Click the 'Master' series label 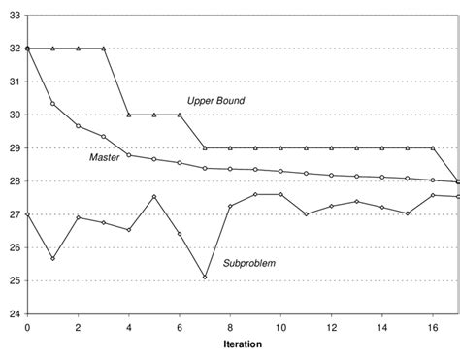(105, 157)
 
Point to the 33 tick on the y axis (13, 15)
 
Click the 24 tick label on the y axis (13, 314)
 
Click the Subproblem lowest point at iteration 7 (205, 278)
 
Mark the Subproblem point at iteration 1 (52, 259)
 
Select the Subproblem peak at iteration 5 (154, 197)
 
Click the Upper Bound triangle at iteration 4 (129, 115)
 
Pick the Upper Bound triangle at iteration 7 (205, 147)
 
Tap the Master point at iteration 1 (52, 104)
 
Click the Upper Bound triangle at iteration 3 (104, 49)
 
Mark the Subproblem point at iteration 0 (27, 214)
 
